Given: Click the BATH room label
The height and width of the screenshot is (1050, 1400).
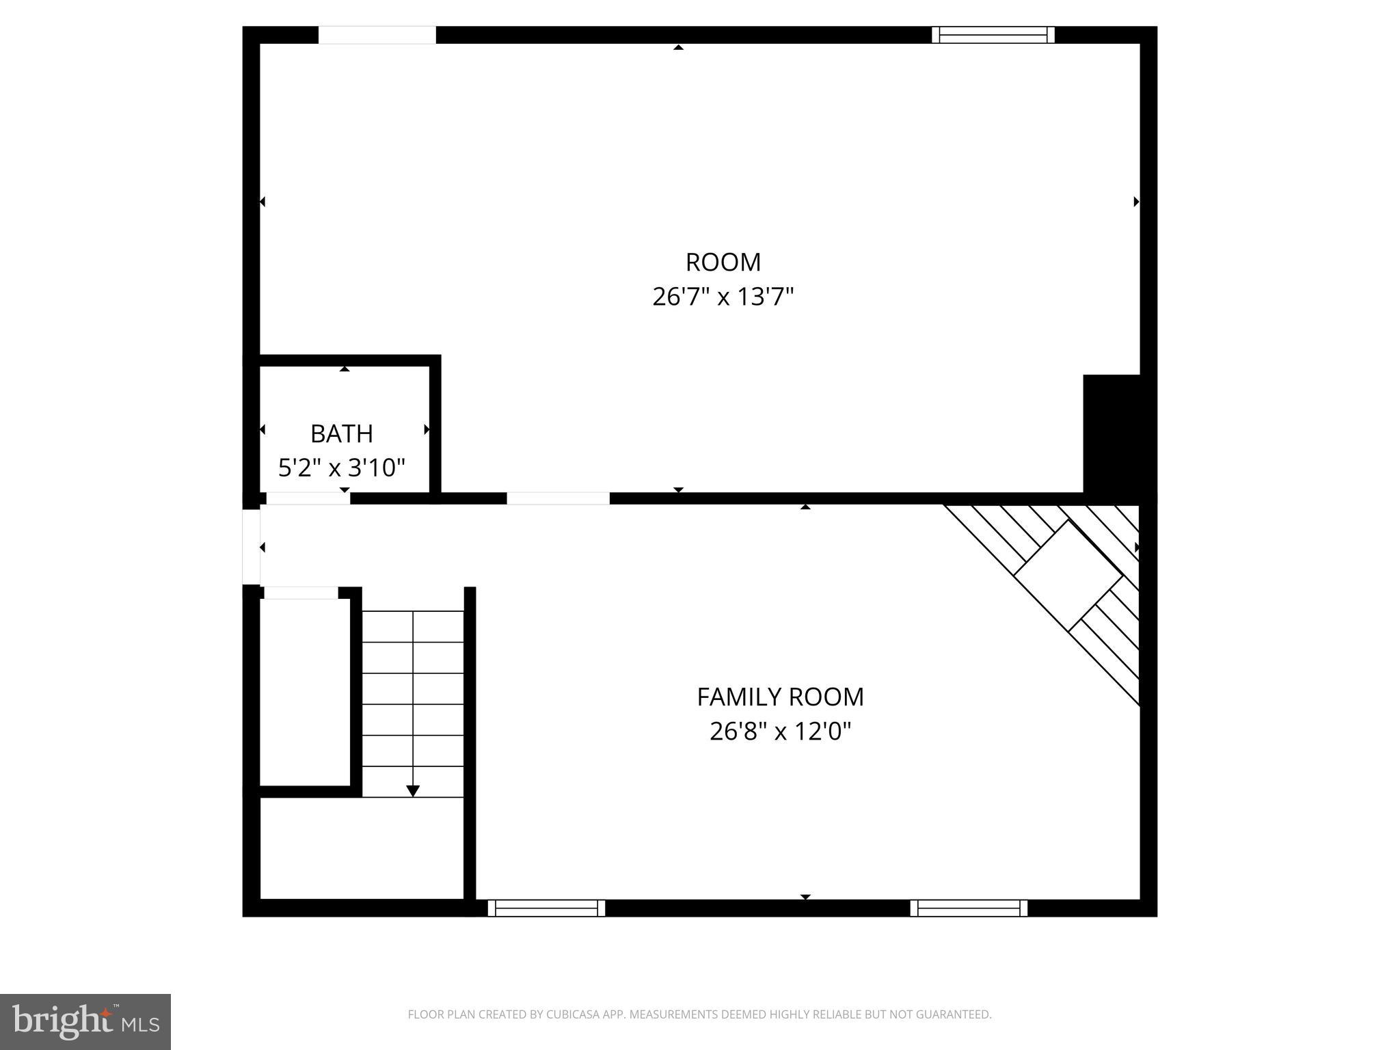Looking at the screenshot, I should coord(341,433).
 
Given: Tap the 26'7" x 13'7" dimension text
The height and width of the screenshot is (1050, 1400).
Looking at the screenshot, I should coord(723,297).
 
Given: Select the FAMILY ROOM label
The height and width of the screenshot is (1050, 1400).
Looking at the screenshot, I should coord(780,697).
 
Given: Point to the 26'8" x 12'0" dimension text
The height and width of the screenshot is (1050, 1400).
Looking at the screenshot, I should coord(780,731).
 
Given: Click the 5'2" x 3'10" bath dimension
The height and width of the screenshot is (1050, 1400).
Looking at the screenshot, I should coord(341,468).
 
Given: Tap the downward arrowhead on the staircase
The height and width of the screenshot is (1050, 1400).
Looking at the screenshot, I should coord(413,791).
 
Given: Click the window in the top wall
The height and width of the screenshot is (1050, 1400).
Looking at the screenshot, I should coord(993,35).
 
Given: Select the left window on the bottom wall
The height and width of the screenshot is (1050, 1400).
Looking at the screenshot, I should coord(546,908).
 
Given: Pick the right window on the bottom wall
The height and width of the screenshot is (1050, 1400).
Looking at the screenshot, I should coord(969,908).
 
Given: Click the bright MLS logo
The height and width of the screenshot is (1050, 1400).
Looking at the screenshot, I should coord(85,1021).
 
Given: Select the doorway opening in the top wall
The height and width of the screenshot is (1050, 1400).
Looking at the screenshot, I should coord(377,35).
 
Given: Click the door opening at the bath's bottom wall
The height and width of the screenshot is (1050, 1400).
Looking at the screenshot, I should coord(308,498).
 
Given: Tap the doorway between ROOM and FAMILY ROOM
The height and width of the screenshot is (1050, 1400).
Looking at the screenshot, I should coord(558,498).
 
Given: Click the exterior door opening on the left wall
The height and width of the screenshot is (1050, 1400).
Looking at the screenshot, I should coord(252,547).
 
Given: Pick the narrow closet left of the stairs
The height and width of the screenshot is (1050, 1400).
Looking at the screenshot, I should coord(306,690).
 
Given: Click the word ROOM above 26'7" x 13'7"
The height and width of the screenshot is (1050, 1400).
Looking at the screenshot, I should coord(723,262).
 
